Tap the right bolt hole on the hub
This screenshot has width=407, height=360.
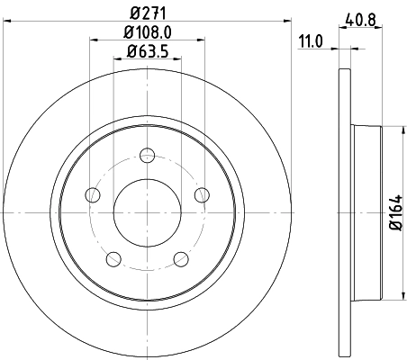click(202, 194)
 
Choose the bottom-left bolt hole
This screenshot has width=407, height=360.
click(113, 259)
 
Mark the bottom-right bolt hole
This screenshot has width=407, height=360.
click(181, 259)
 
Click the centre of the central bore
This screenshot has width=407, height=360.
click(148, 213)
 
